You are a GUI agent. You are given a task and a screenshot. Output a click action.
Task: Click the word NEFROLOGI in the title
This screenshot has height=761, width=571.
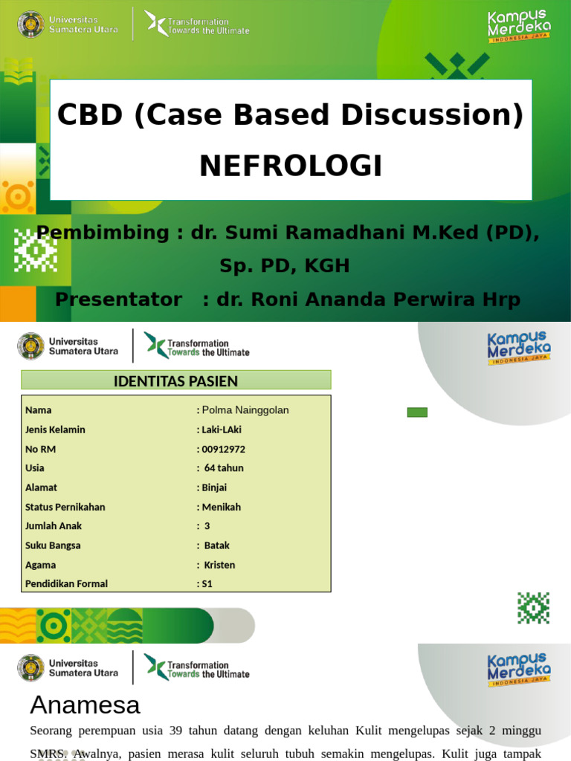[x=291, y=166]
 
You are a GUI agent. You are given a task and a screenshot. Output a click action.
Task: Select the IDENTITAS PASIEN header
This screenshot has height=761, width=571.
[x=175, y=381]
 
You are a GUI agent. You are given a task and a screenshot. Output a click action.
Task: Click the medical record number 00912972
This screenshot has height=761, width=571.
[x=223, y=449]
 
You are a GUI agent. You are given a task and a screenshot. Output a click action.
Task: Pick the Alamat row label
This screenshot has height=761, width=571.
[x=41, y=488]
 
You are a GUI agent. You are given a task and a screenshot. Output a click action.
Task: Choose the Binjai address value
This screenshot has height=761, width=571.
[x=214, y=488]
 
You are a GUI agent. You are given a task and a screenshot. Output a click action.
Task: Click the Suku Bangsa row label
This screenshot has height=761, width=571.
[x=53, y=545]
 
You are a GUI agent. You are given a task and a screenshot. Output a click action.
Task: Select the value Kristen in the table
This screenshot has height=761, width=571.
[x=219, y=565]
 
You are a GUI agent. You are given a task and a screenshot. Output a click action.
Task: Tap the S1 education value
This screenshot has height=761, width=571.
[x=207, y=584]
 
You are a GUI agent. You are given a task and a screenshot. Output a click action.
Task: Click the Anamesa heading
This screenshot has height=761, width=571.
[x=85, y=704]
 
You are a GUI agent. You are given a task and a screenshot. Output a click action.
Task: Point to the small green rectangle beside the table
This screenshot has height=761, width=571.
[x=417, y=412]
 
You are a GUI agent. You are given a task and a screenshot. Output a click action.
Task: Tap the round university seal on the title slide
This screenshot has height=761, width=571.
[x=30, y=24]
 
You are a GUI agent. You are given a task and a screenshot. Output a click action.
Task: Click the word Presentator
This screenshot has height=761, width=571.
[x=118, y=299]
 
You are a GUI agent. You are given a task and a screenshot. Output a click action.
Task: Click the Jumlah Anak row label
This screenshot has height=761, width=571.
[x=54, y=526]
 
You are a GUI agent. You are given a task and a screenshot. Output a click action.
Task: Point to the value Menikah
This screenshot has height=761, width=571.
[x=222, y=507]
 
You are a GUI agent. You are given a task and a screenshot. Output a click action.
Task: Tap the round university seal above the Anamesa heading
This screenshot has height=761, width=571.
[x=30, y=667]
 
